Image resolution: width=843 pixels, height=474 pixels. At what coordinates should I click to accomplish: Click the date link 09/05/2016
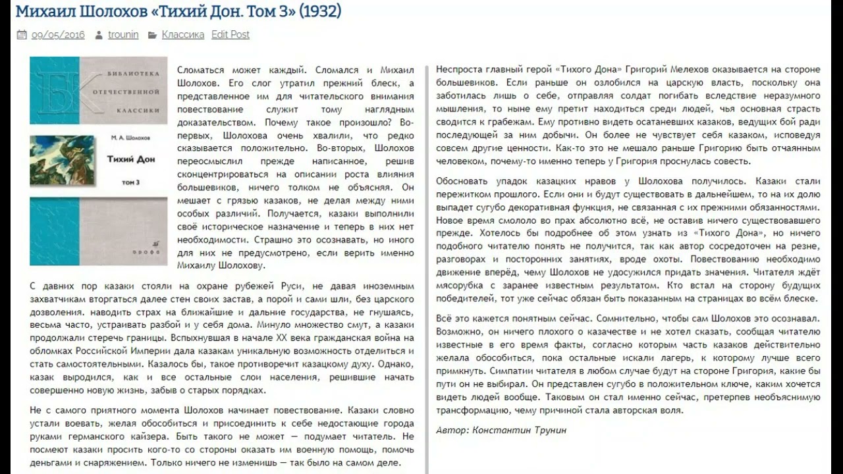pos(58,35)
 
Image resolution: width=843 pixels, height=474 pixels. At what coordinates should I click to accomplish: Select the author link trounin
pos(123,35)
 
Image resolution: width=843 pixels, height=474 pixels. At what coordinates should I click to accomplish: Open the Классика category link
pos(182,35)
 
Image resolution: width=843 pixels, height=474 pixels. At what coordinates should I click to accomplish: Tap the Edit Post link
pos(231,35)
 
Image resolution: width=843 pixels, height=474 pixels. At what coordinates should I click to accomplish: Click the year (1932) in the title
pos(320,11)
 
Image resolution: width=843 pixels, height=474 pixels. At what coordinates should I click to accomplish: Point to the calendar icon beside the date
pos(22,35)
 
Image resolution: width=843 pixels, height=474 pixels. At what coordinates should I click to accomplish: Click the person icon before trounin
pos(98,35)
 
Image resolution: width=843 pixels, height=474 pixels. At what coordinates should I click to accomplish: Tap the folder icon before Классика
pos(152,35)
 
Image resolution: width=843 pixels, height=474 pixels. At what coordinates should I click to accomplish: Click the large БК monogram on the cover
pos(57,90)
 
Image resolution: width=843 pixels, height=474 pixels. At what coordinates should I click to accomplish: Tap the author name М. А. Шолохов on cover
pos(127,138)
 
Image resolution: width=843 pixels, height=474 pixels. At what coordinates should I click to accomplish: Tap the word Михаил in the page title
pos(41,11)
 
